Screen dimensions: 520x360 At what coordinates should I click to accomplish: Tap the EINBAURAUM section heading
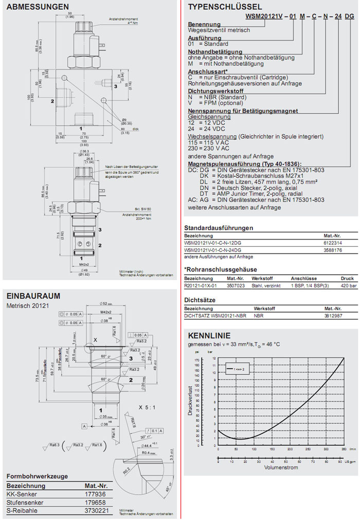(x=33, y=296)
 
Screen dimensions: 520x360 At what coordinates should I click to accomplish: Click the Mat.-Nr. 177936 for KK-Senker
(x=95, y=493)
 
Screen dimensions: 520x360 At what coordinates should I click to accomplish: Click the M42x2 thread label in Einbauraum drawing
(x=105, y=312)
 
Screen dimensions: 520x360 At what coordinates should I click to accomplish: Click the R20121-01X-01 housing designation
(x=201, y=285)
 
